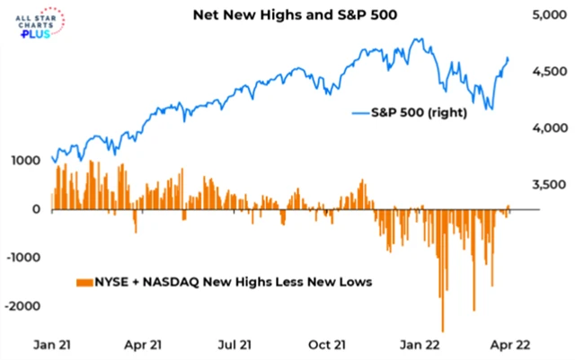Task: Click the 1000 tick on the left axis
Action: [25, 161]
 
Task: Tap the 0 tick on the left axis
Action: [37, 209]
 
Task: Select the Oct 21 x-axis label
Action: [329, 344]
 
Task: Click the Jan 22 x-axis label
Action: [420, 344]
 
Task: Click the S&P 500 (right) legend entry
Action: [408, 113]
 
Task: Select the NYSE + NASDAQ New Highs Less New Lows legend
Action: [225, 282]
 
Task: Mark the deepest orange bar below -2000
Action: [442, 329]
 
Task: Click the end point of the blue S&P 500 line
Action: [508, 58]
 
